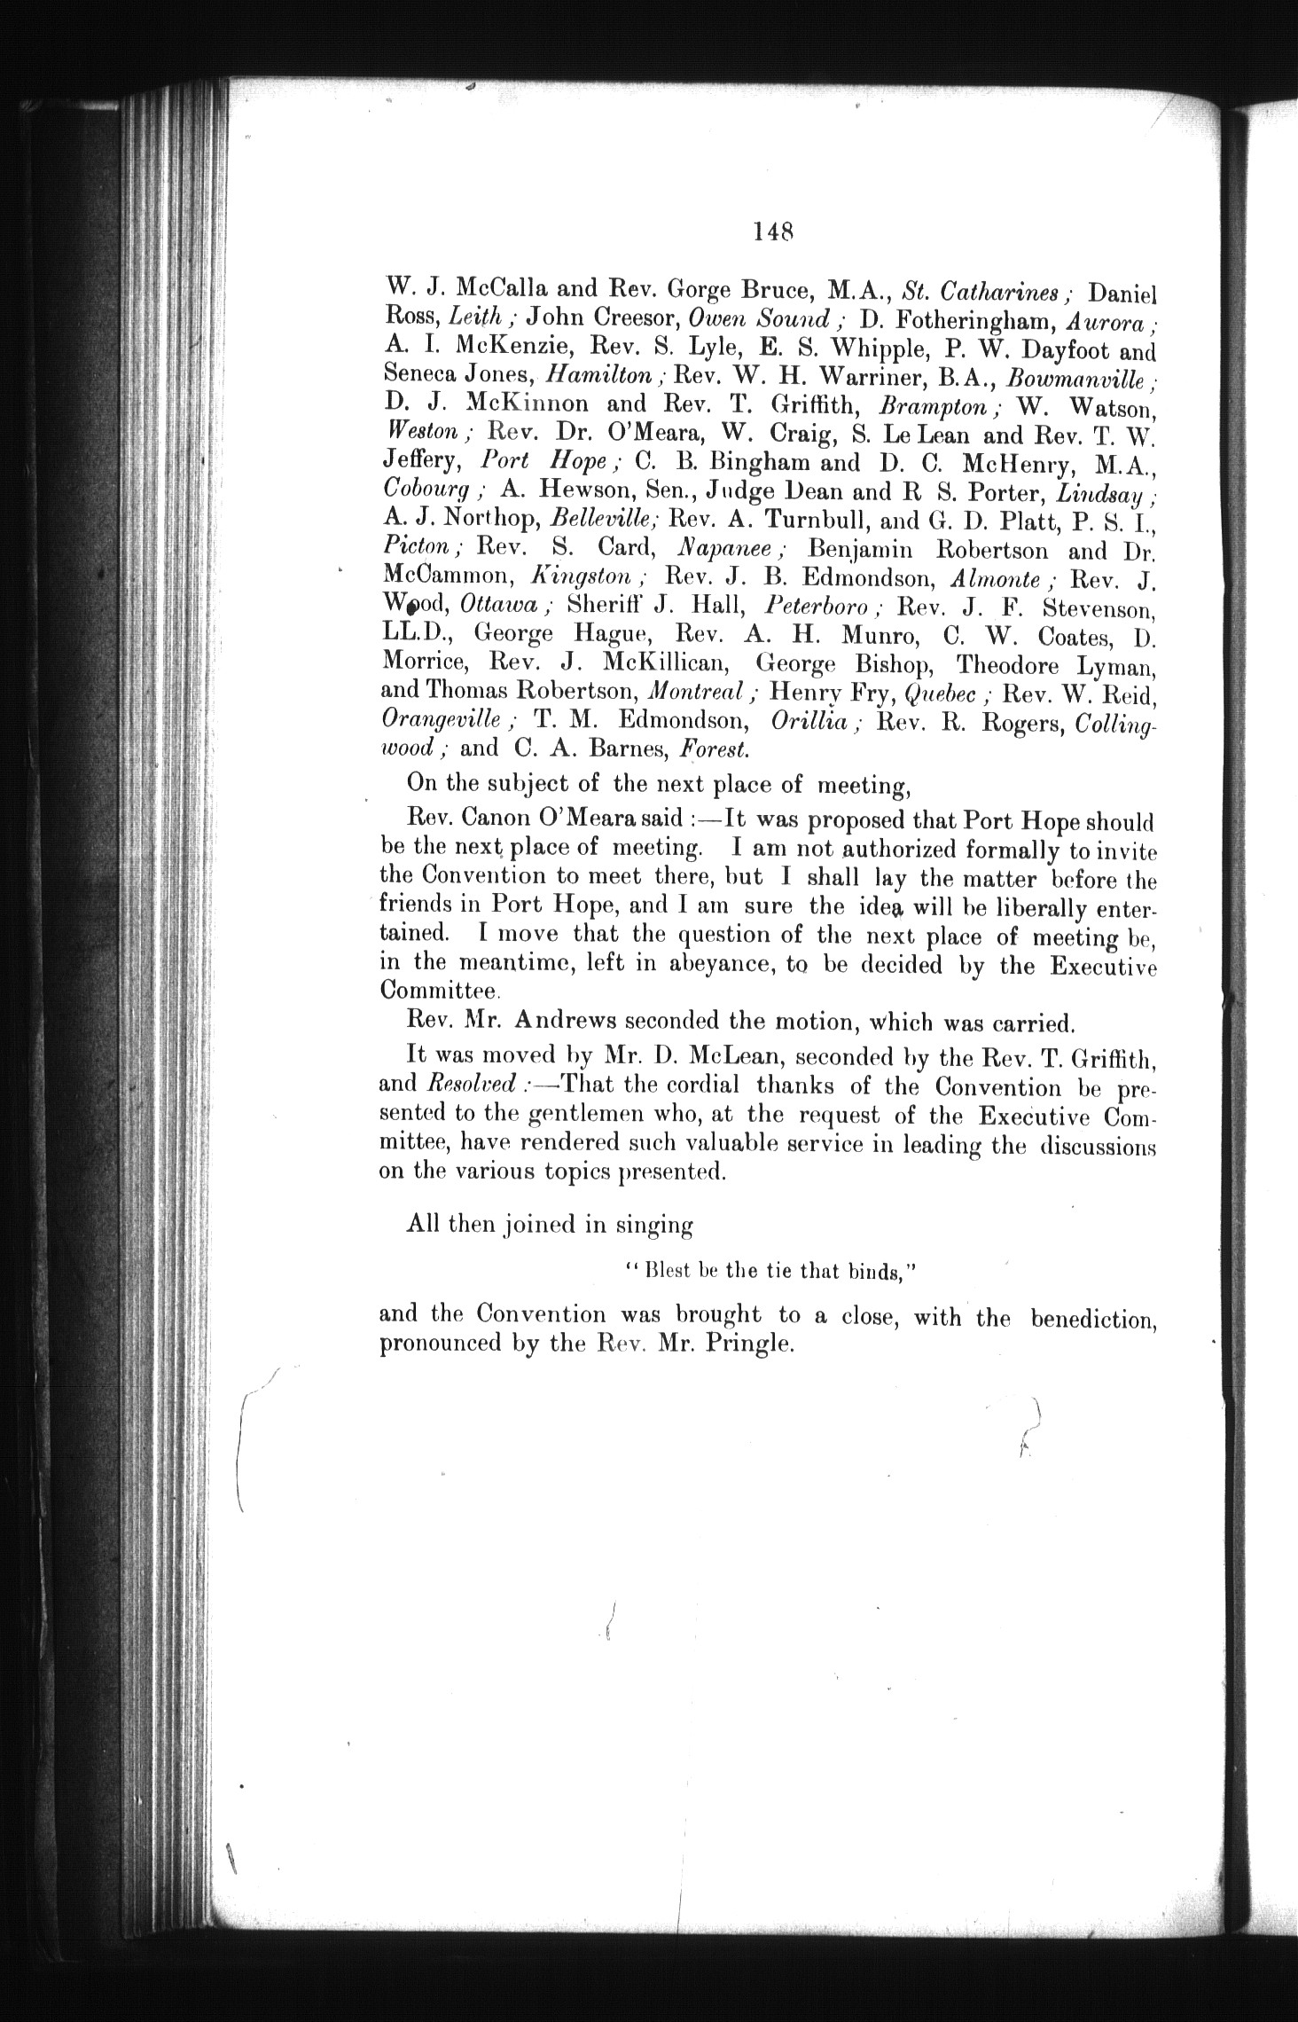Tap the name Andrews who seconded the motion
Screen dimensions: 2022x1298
coord(580,1023)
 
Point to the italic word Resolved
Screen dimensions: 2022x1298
coord(472,1085)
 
